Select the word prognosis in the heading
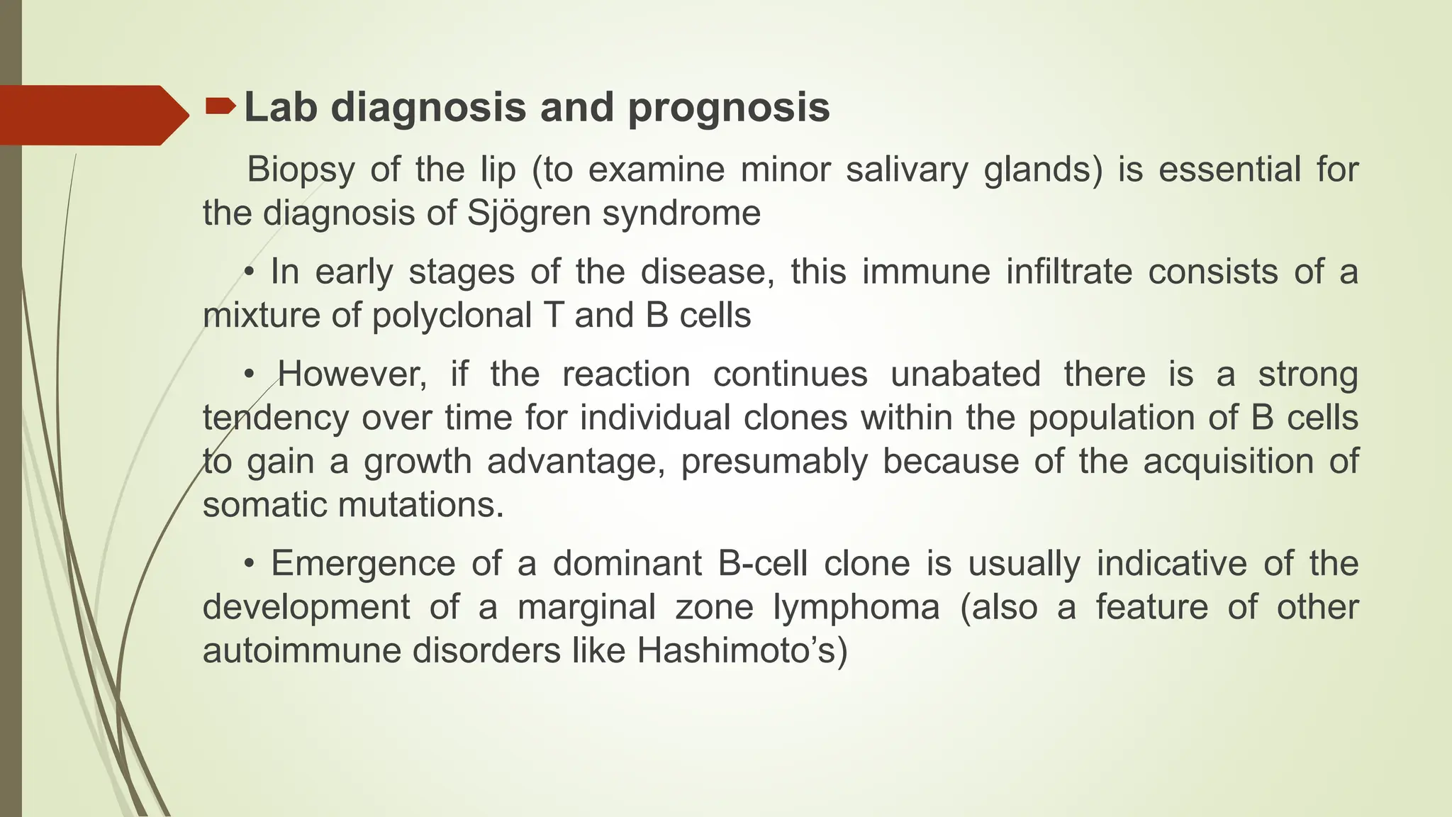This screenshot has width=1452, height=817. click(x=729, y=108)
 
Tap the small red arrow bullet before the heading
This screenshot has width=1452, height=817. click(x=220, y=106)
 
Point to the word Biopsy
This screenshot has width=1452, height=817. click(x=301, y=170)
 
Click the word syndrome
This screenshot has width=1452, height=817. click(x=681, y=213)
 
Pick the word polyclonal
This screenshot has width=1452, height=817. click(x=452, y=316)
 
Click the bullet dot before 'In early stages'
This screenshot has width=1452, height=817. click(x=249, y=272)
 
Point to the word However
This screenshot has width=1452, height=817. click(x=352, y=374)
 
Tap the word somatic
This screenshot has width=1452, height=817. click(x=265, y=505)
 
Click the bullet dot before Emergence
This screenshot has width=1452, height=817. click(x=249, y=565)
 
